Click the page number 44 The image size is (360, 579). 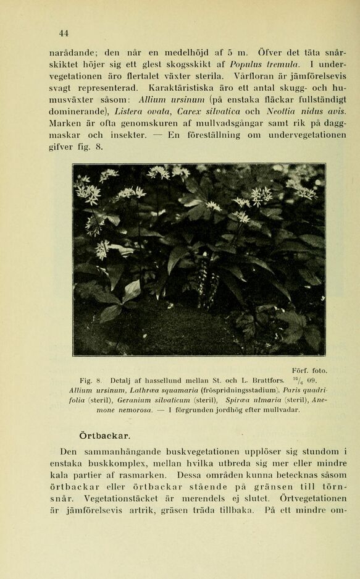[x=64, y=33]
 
